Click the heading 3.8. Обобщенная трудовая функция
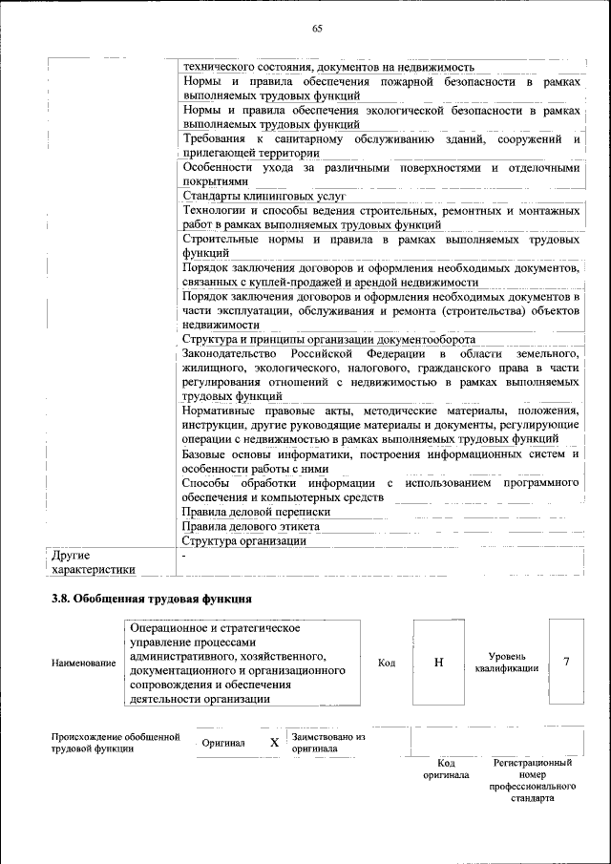[151, 599]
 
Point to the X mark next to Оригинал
[274, 742]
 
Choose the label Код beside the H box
[387, 663]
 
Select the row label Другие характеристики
[93, 561]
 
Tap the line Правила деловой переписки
[249, 513]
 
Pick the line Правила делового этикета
[250, 526]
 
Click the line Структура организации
[243, 540]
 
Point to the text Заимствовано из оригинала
[328, 743]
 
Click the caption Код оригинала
[446, 769]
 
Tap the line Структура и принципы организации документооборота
[327, 339]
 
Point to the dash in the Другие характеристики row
[183, 555]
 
